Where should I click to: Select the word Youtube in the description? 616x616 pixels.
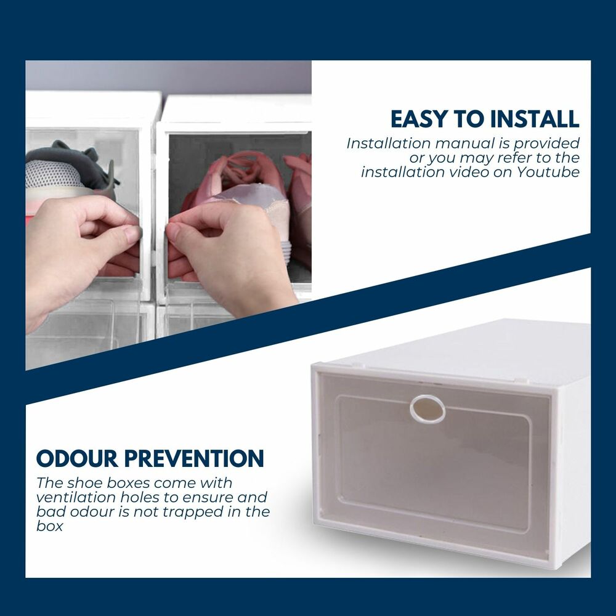coord(548,172)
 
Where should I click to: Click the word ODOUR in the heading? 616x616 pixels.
coord(77,458)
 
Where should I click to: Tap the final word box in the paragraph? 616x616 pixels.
coord(49,526)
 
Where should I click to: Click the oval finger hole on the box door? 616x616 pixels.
coord(428,409)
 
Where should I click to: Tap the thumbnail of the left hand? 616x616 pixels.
coord(132,235)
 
